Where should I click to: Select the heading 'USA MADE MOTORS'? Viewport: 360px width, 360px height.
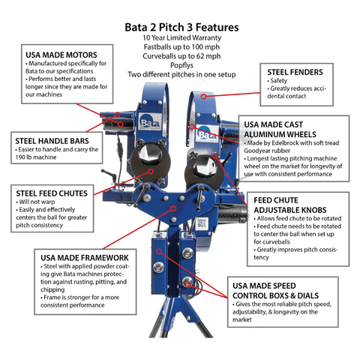point(62,55)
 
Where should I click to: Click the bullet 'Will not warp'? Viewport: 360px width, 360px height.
point(39,202)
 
